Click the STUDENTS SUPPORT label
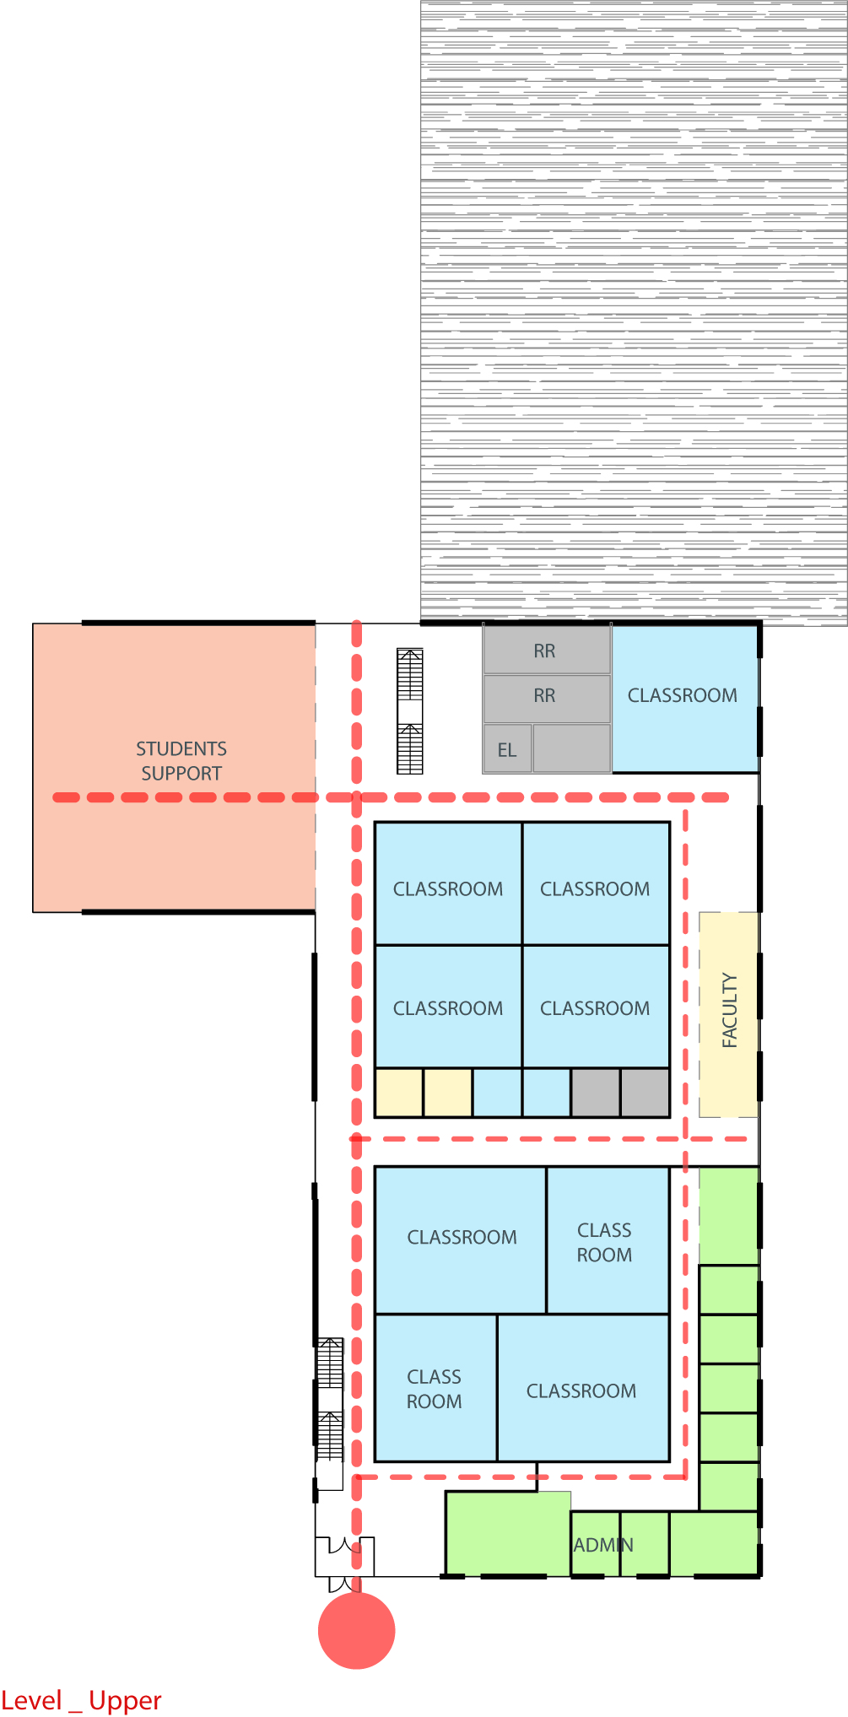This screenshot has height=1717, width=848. tap(181, 761)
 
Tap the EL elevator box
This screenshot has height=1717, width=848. tap(508, 748)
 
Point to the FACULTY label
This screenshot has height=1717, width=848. tap(730, 1010)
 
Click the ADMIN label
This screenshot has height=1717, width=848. tap(603, 1545)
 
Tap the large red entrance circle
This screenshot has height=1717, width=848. tap(356, 1630)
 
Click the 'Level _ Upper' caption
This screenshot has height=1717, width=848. tap(81, 1700)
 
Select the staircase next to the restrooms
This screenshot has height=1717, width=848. tap(410, 710)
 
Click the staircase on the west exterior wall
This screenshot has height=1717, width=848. tap(330, 1400)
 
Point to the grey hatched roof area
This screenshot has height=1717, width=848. tap(634, 312)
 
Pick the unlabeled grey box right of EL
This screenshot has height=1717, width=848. tap(572, 748)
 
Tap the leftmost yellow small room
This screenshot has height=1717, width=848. tap(399, 1093)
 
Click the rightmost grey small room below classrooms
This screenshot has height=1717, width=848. tap(645, 1093)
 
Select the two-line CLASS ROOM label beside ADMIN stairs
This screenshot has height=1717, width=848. tap(435, 1389)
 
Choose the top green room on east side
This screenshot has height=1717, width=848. tap(729, 1216)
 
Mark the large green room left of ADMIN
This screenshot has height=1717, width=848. tap(508, 1533)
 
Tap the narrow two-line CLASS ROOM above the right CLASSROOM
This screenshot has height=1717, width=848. tap(604, 1242)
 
